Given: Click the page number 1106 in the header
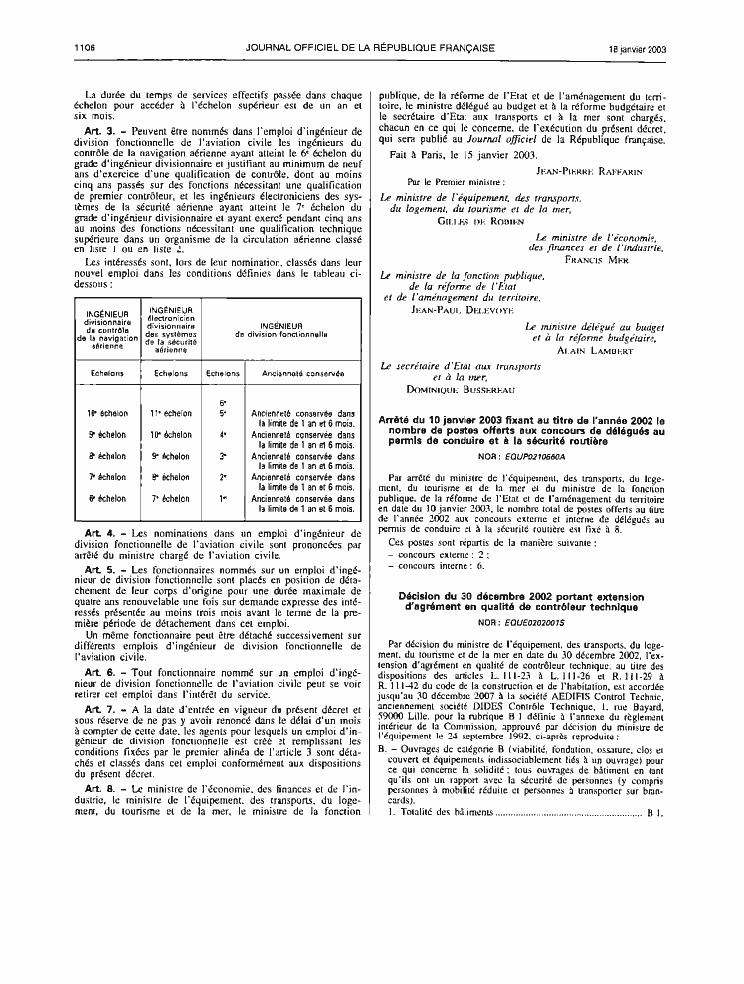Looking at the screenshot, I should tap(83, 47).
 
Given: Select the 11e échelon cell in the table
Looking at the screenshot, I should tap(171, 412).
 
